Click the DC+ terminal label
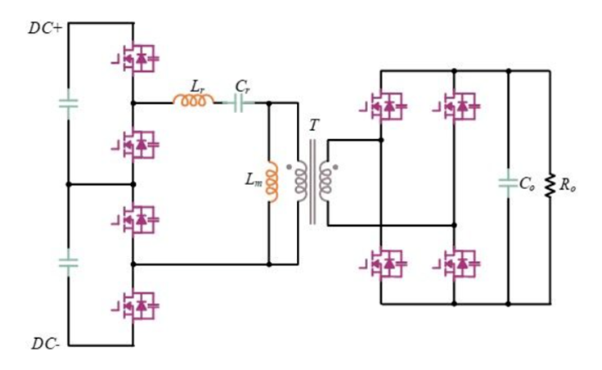(45, 29)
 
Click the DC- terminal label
(46, 344)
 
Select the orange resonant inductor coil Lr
(194, 100)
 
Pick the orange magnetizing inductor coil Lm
(272, 182)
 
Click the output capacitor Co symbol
(508, 183)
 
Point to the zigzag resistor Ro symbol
(550, 186)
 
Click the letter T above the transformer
(313, 125)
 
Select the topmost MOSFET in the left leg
(135, 58)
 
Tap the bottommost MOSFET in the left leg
(135, 306)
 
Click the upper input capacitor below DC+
(69, 103)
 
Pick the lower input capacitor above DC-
(69, 263)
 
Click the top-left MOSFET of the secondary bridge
(383, 106)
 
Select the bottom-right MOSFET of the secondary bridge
(456, 264)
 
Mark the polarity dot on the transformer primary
(289, 167)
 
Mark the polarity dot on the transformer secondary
(335, 167)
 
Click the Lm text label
(254, 180)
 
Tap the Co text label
(527, 184)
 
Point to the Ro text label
(568, 185)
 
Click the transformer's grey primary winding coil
(301, 182)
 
